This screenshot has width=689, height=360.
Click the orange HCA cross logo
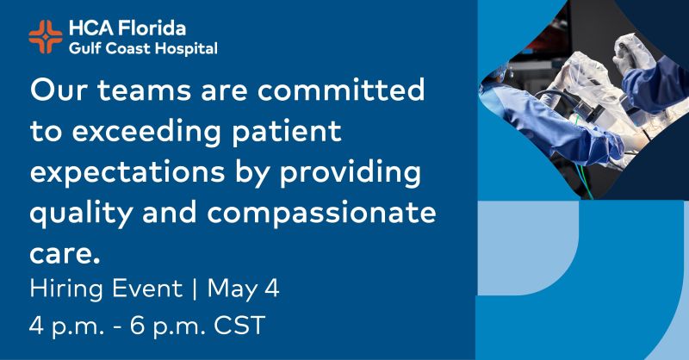click(x=46, y=37)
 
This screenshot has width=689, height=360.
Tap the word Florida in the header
click(x=152, y=28)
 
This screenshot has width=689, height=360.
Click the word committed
click(x=341, y=90)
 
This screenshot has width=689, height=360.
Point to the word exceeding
click(x=146, y=132)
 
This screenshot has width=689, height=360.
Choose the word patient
click(x=287, y=132)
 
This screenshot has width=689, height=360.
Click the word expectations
click(x=127, y=172)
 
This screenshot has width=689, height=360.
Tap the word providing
click(x=350, y=173)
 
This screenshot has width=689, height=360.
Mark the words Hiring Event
click(x=106, y=289)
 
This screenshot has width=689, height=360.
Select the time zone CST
click(x=239, y=326)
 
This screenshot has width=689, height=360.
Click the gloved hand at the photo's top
click(x=633, y=53)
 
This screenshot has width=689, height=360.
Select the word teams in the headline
click(x=144, y=90)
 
